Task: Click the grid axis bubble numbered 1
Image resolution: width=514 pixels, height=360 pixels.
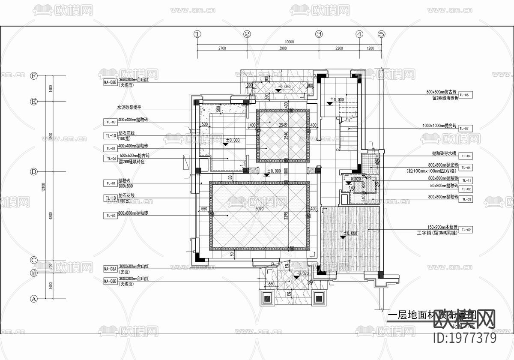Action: [x=197, y=34]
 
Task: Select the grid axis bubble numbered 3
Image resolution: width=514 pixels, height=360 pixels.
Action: [x=319, y=34]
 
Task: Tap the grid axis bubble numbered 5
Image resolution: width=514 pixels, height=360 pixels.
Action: [x=382, y=34]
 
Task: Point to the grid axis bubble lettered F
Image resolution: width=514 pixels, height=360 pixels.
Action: [x=34, y=76]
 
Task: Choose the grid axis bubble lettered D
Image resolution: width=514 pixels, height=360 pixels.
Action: [x=34, y=171]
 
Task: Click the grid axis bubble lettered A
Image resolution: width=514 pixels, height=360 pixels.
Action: [x=34, y=298]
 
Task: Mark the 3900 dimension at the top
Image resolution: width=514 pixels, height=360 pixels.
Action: [x=282, y=48]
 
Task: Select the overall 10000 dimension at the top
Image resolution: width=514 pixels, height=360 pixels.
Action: [x=289, y=42]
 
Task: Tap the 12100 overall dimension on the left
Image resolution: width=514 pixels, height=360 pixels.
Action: [x=43, y=187]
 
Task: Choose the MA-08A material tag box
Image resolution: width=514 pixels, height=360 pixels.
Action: [x=111, y=269]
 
